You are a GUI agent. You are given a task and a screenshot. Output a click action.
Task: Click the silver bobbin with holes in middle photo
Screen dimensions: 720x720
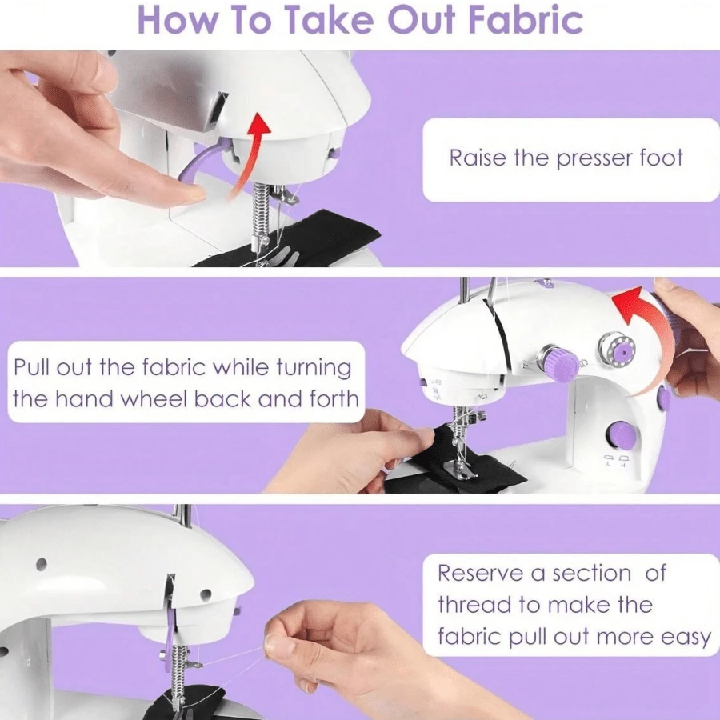pyautogui.click(x=617, y=350)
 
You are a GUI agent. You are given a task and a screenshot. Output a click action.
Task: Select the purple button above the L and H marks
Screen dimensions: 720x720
pyautogui.click(x=621, y=436)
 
